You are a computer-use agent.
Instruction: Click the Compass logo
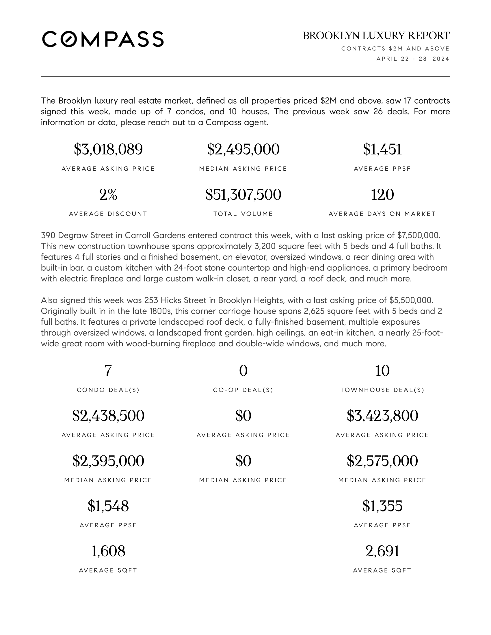pyautogui.click(x=103, y=39)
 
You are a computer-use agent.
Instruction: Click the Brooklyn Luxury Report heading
pyautogui.click(x=376, y=36)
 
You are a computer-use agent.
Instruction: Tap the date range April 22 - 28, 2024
pyautogui.click(x=413, y=59)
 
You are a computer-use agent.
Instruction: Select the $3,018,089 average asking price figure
pyautogui.click(x=108, y=150)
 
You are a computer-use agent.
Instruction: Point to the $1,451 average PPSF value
pyautogui.click(x=382, y=150)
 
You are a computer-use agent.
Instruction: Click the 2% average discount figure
pyautogui.click(x=108, y=195)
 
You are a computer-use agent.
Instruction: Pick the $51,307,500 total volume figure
pyautogui.click(x=243, y=195)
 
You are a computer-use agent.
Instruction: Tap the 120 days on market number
pyautogui.click(x=382, y=195)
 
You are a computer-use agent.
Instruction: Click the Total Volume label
pyautogui.click(x=243, y=214)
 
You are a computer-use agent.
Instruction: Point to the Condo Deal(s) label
pyautogui.click(x=108, y=390)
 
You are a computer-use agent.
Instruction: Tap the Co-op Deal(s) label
pyautogui.click(x=243, y=390)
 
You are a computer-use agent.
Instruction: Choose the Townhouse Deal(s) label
pyautogui.click(x=382, y=390)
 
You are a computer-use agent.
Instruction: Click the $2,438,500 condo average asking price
pyautogui.click(x=108, y=415)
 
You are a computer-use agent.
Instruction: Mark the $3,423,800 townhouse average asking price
pyautogui.click(x=382, y=415)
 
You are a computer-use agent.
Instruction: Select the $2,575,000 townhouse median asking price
pyautogui.click(x=382, y=461)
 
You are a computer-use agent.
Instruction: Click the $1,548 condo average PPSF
pyautogui.click(x=108, y=506)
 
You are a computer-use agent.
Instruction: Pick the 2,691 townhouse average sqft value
pyautogui.click(x=382, y=551)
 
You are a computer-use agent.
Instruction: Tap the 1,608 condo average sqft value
pyautogui.click(x=108, y=551)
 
